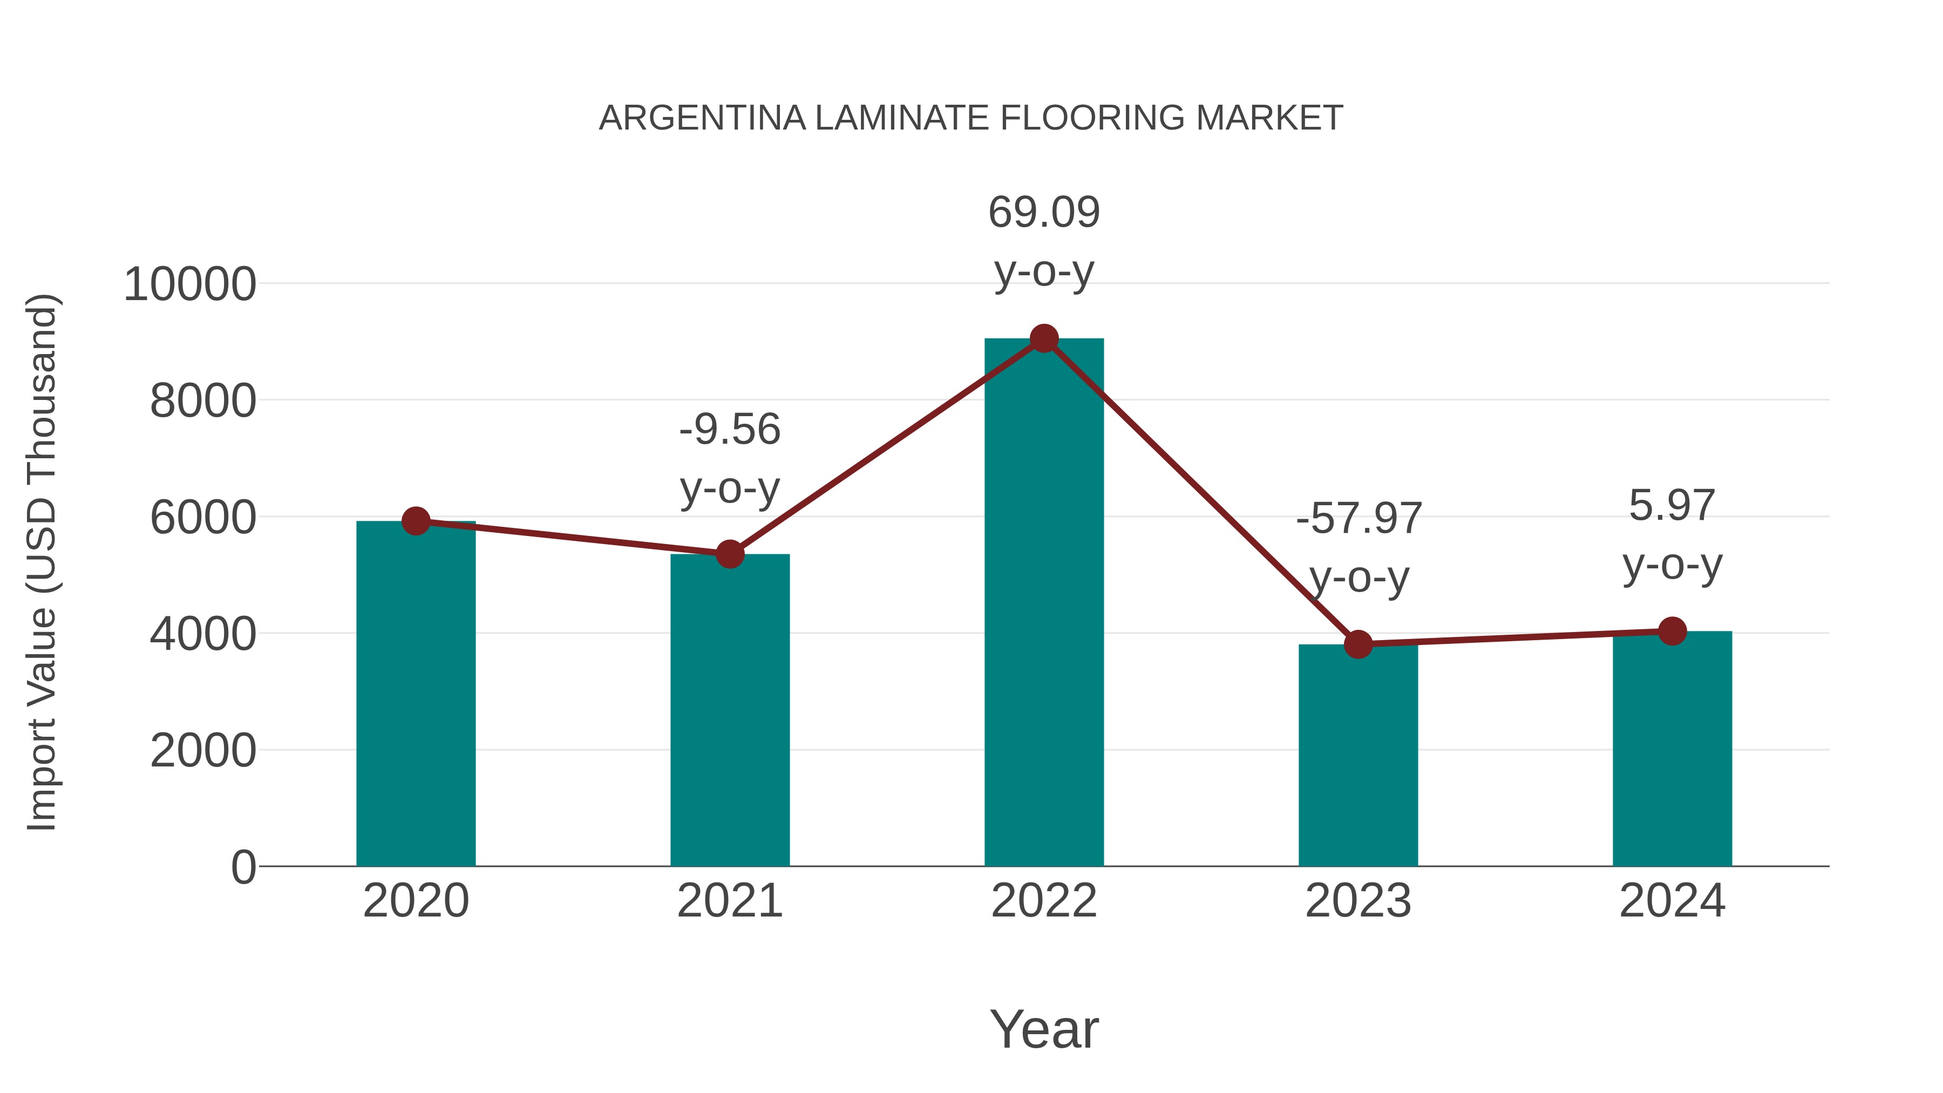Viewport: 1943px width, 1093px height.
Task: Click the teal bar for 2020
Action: (416, 694)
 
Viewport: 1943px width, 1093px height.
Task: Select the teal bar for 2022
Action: (1044, 603)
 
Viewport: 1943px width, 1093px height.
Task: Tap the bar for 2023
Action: (1358, 755)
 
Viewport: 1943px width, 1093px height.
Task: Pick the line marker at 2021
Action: (729, 554)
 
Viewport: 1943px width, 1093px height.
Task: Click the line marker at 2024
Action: (1672, 632)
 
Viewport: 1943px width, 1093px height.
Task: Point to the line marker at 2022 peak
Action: (1044, 338)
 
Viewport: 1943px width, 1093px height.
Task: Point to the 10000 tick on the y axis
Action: (189, 285)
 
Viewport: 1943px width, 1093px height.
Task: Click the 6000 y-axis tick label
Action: (203, 518)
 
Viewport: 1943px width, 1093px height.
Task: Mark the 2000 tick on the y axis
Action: (203, 751)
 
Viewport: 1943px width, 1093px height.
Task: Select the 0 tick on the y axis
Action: (243, 867)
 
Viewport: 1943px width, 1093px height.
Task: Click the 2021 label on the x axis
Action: (729, 901)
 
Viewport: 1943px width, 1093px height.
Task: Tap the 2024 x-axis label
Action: (1672, 901)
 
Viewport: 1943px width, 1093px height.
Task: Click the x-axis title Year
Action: (1044, 1030)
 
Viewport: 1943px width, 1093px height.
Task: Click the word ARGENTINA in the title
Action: (702, 118)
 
